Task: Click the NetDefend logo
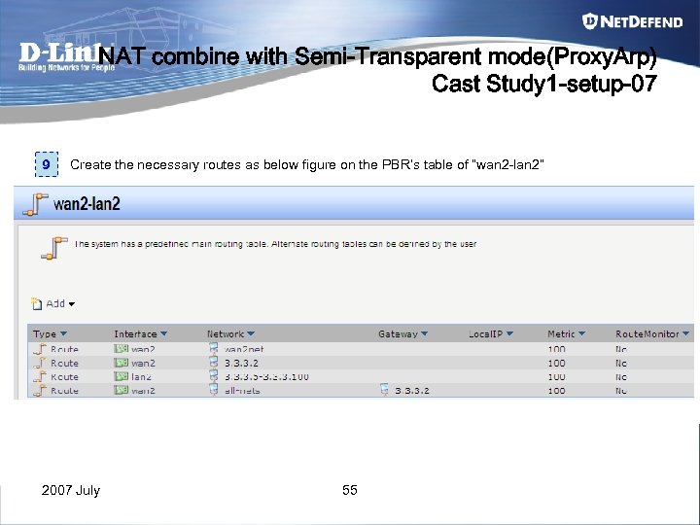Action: [x=632, y=20]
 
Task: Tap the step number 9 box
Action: [x=46, y=165]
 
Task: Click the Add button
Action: [x=54, y=303]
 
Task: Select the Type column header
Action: [x=50, y=333]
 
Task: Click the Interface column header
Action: [x=140, y=333]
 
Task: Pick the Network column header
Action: [x=230, y=333]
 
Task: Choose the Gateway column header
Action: [x=402, y=333]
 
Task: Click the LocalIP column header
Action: [x=490, y=333]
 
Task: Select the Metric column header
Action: [x=565, y=333]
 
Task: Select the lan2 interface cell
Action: [x=142, y=376]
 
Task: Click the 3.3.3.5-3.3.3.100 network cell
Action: [x=266, y=376]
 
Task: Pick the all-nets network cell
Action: [x=243, y=390]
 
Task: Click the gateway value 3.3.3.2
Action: [x=411, y=390]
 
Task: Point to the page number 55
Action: [x=350, y=490]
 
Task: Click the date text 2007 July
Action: [x=70, y=490]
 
